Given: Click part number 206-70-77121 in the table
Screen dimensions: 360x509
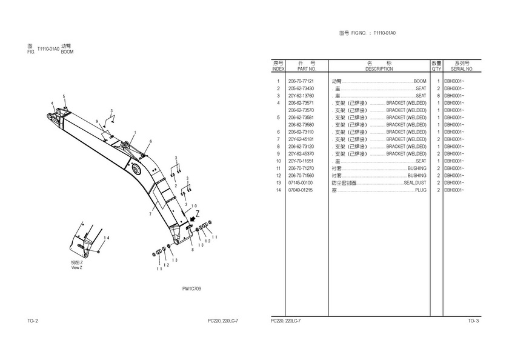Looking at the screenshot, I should click(x=301, y=81).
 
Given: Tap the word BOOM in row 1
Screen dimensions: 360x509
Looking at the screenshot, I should click(x=420, y=81).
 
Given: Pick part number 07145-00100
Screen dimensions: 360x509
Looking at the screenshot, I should click(x=301, y=183).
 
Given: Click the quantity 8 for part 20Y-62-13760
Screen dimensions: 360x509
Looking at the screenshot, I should click(x=436, y=96).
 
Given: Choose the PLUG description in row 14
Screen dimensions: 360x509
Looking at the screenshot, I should click(x=421, y=190).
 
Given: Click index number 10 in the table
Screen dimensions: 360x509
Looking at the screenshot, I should click(x=278, y=161).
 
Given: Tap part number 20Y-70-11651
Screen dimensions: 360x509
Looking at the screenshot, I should click(x=301, y=161).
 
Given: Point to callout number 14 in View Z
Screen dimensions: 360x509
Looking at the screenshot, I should click(x=106, y=238).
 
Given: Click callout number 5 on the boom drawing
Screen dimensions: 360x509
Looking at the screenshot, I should click(x=64, y=97).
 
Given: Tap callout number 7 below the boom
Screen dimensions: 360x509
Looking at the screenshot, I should click(x=150, y=215).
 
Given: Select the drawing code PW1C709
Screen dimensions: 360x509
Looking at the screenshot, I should click(x=191, y=289).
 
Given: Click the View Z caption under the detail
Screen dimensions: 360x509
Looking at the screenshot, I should click(x=77, y=265).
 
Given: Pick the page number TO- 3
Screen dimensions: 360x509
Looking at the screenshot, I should click(x=473, y=321).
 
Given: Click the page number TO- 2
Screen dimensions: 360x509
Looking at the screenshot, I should click(x=33, y=321).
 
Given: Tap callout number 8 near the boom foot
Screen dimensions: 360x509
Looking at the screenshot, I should click(x=191, y=249).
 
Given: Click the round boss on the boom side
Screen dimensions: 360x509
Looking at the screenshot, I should click(x=136, y=170).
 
